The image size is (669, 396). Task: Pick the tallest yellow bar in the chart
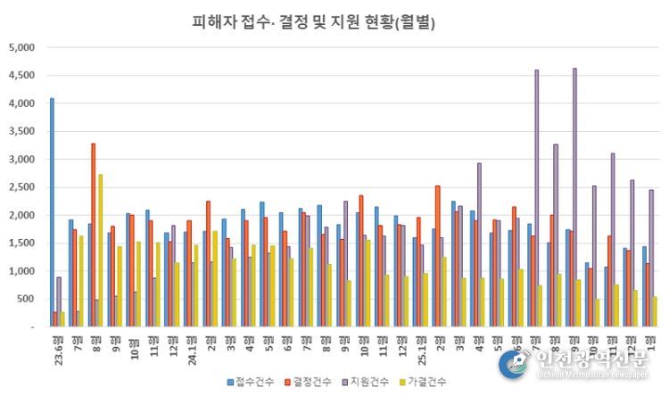(100, 250)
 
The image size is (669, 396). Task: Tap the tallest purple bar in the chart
(574, 197)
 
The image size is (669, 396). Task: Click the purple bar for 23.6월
(59, 301)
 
